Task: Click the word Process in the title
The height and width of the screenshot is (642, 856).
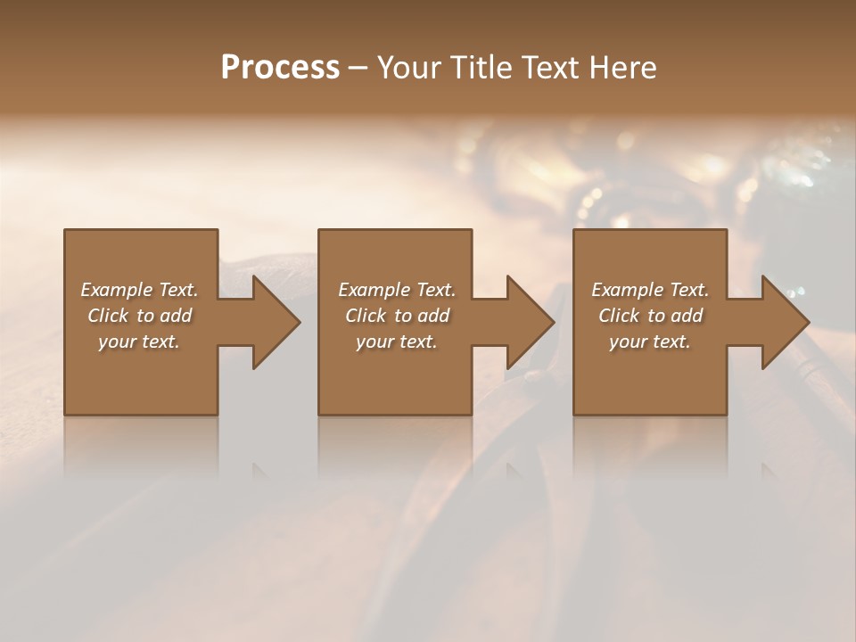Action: point(280,68)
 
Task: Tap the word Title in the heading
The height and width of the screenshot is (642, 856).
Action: point(481,68)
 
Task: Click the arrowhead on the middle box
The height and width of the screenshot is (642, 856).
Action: point(529,322)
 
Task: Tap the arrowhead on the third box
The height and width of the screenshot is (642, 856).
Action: point(784,322)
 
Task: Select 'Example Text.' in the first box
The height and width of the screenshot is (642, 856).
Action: point(139,290)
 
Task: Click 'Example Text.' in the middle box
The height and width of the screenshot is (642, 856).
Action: point(397,290)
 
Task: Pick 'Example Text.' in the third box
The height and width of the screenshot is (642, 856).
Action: point(650,290)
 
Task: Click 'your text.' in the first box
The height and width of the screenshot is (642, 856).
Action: point(139,342)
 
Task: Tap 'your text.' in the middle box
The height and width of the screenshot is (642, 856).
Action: point(397,342)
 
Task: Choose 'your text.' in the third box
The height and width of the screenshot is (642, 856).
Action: point(650,342)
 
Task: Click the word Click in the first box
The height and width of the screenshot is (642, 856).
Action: point(108,316)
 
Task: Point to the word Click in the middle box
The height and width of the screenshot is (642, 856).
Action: point(366,316)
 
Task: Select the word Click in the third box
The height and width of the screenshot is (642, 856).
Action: point(619,316)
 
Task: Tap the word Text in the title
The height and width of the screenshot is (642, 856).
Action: point(547,68)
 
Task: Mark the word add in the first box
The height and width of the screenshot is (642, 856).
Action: point(177,316)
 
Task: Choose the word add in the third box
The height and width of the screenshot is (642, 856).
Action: point(687,316)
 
